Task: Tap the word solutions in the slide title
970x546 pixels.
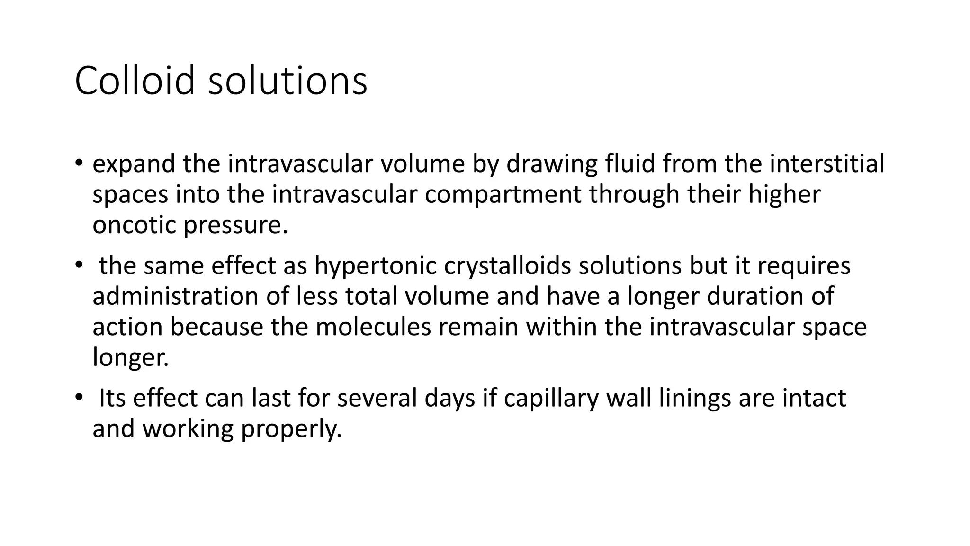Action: pyautogui.click(x=287, y=81)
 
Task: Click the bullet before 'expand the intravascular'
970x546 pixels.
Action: pyautogui.click(x=79, y=164)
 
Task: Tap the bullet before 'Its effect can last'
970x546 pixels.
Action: pyautogui.click(x=79, y=398)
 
